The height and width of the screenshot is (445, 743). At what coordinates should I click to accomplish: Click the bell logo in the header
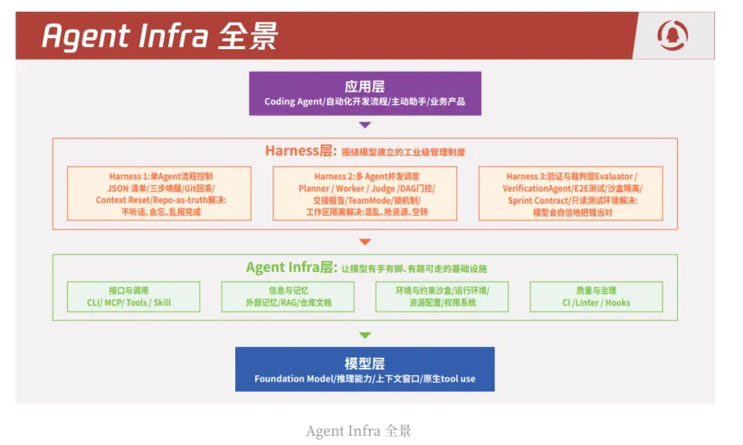coord(672,37)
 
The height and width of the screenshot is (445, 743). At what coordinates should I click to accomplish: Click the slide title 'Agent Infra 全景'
coord(160,36)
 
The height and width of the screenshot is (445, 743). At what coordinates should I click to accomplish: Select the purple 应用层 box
coord(365,93)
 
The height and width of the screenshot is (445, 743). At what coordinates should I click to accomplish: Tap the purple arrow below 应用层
coord(365,125)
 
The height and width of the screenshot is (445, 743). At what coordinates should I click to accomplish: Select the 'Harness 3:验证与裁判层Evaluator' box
coord(570,193)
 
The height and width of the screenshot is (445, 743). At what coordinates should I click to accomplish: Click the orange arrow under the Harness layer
coord(365,241)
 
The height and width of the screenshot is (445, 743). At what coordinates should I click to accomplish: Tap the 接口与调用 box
coord(132,296)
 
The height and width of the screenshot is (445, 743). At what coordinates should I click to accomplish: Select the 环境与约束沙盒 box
coord(442,296)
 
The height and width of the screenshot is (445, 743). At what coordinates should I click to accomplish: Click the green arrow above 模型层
coord(365,335)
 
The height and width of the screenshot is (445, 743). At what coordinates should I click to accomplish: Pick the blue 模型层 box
coord(365,369)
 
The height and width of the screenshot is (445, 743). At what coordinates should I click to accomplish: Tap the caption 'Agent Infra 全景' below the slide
coord(358,430)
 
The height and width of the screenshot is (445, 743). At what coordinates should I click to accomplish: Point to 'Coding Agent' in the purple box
coord(292,102)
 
